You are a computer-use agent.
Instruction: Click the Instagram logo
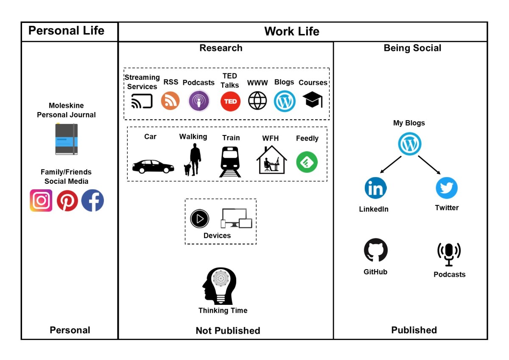pos(41,200)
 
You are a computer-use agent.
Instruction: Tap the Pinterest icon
pos(67,201)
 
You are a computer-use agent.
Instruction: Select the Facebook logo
pos(92,201)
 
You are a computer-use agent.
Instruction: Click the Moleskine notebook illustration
pos(67,139)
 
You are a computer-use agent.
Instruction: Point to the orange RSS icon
pos(170,101)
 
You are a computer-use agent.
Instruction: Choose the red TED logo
pos(230,101)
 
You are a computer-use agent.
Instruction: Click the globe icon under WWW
pos(257,101)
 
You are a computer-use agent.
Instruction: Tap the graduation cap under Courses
pos(313,100)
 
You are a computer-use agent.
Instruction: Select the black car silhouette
pos(153,166)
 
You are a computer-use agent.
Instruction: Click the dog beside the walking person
pos(187,170)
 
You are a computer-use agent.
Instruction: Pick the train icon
pos(230,162)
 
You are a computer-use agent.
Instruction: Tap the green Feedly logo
pos(307,162)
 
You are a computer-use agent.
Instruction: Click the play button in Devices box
pos(200,219)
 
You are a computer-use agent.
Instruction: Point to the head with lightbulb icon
pos(219,286)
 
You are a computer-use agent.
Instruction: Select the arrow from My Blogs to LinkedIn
pos(390,165)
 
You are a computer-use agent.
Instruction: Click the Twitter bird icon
pos(447,188)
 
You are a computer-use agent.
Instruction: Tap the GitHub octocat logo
pos(376,250)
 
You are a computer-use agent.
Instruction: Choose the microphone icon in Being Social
pos(449,254)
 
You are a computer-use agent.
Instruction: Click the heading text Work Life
pos(291,31)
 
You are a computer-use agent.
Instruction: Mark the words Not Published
pos(228,330)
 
